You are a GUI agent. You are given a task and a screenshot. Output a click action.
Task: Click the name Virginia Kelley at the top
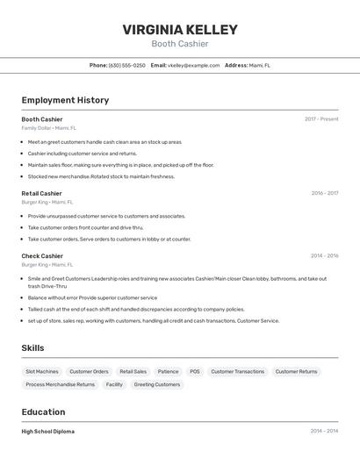coord(180,29)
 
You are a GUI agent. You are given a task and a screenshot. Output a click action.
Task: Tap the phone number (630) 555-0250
coord(126,65)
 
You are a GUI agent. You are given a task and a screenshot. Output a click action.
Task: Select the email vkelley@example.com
coord(193,65)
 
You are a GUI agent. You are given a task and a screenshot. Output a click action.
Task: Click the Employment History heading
coord(65,100)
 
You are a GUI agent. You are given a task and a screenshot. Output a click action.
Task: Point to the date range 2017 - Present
coord(321,118)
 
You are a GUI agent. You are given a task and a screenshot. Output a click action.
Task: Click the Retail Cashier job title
coord(41,193)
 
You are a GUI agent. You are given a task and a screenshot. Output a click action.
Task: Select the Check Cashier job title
coord(42,256)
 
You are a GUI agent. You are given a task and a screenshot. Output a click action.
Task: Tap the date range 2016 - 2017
coord(324,193)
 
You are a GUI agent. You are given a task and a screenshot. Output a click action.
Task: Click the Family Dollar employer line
coord(48,128)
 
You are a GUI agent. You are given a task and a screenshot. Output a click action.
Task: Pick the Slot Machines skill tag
coord(42,371)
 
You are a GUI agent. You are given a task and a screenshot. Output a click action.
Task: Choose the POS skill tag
coord(194,371)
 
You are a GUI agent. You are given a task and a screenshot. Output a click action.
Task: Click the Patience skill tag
coord(168,371)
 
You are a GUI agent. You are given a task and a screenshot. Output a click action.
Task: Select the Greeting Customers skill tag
coord(156,384)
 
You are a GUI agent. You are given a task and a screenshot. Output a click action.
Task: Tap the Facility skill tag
coord(114,384)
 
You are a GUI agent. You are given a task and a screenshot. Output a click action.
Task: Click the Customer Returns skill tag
coord(296,371)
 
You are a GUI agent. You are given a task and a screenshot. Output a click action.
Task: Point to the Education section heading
coord(43,411)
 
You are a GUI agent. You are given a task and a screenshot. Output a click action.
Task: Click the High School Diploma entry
coord(47,432)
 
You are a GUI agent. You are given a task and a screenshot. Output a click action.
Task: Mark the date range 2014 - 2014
coord(324,432)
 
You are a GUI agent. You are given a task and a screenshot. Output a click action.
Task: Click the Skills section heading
coord(32,348)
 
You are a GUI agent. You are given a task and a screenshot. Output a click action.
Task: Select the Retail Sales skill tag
coord(133,371)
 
